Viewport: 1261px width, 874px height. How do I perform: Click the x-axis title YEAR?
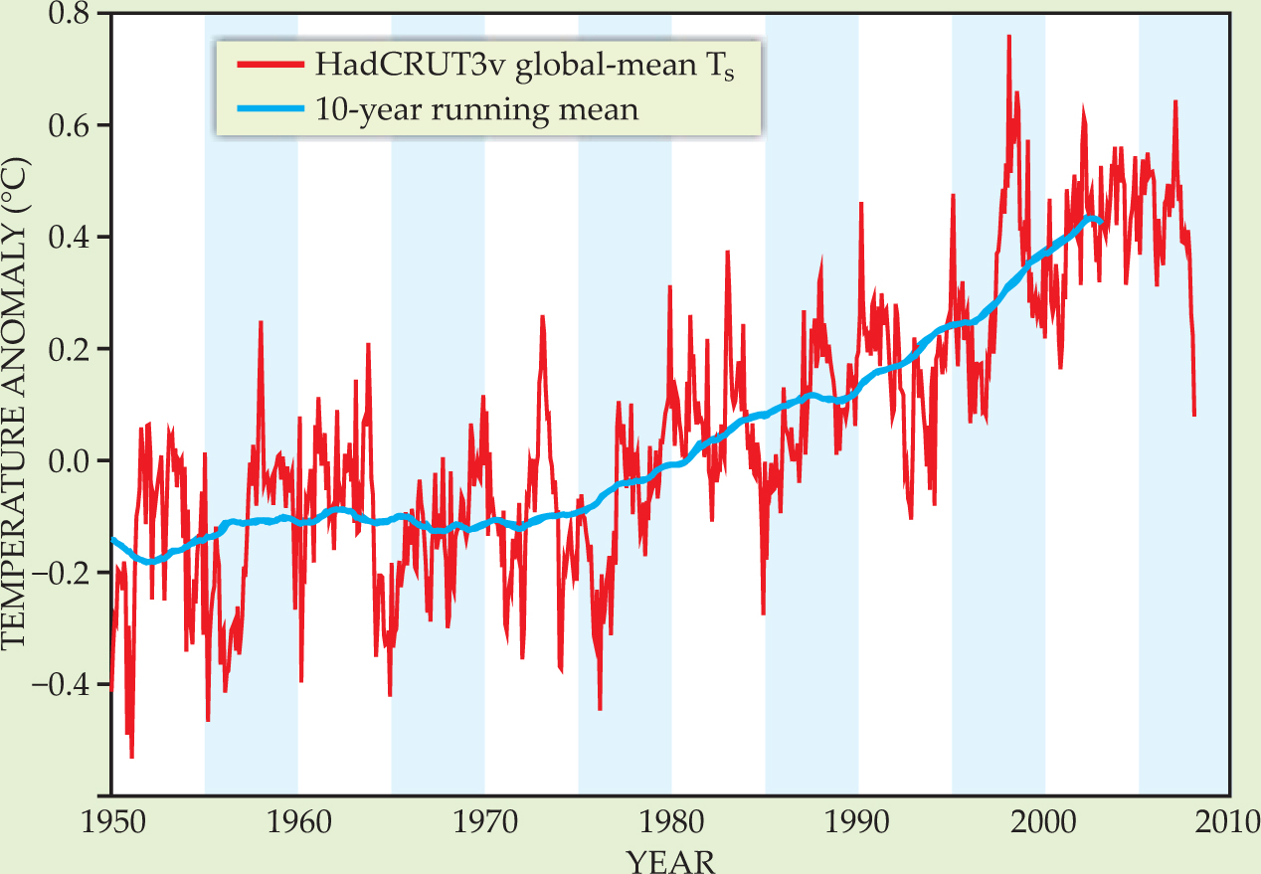click(x=670, y=860)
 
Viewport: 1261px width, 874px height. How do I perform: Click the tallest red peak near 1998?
click(x=1008, y=37)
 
